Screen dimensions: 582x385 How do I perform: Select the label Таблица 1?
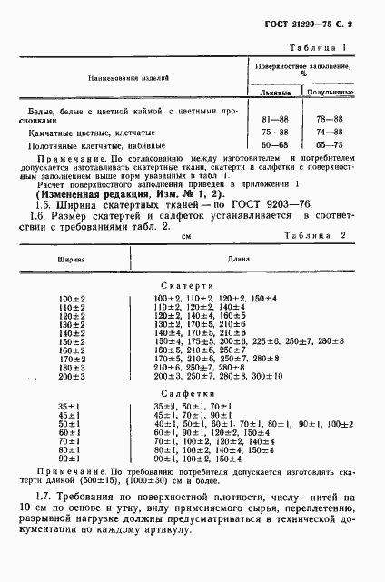pos(321,46)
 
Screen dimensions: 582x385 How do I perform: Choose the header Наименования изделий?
pos(128,79)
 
